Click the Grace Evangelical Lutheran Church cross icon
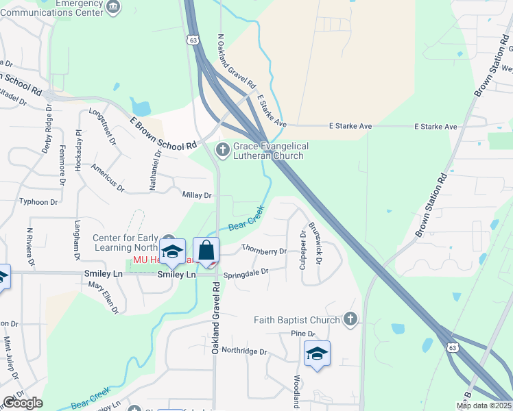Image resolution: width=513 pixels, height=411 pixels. pyautogui.click(x=223, y=149)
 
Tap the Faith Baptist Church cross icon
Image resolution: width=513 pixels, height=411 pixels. pyautogui.click(x=350, y=319)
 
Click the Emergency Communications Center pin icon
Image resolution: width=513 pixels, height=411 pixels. pyautogui.click(x=114, y=8)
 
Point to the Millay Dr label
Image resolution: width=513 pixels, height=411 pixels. pyautogui.click(x=197, y=196)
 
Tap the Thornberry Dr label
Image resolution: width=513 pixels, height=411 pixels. pyautogui.click(x=264, y=250)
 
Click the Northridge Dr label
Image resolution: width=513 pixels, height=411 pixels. pyautogui.click(x=239, y=351)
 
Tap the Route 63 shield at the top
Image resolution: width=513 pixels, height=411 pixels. pyautogui.click(x=195, y=41)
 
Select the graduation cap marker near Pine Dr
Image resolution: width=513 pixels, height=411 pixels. pyautogui.click(x=317, y=353)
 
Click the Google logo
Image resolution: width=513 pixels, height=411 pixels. pyautogui.click(x=23, y=403)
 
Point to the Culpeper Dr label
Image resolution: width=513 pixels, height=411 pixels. pyautogui.click(x=302, y=250)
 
